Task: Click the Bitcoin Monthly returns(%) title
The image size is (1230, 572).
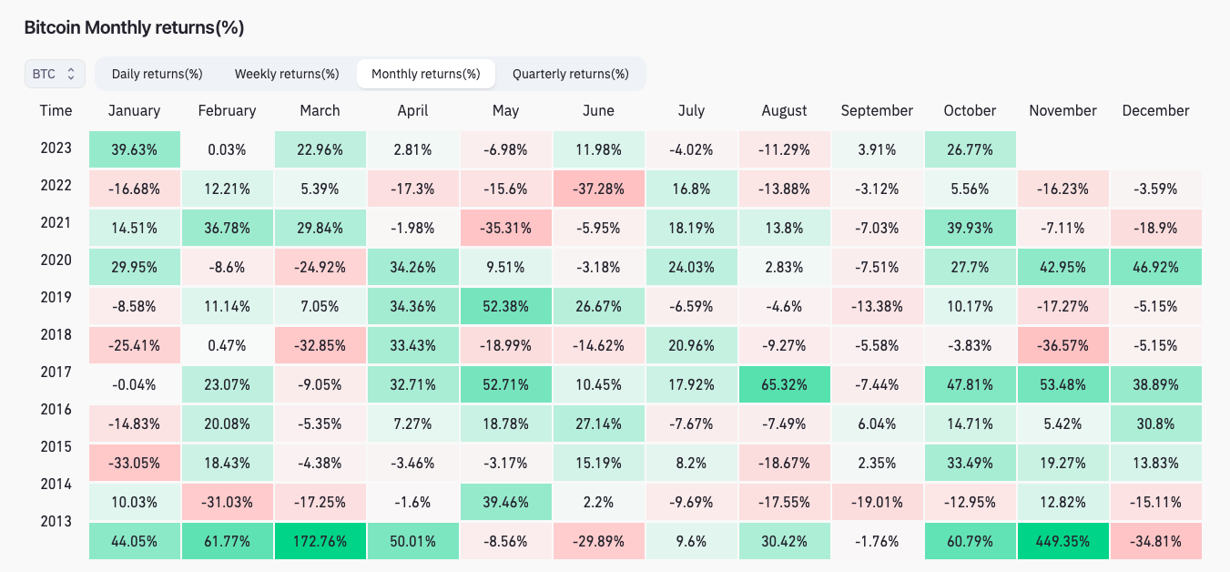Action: pyautogui.click(x=134, y=27)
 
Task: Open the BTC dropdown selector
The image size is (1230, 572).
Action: pyautogui.click(x=55, y=74)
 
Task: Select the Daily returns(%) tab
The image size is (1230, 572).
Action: pyautogui.click(x=157, y=74)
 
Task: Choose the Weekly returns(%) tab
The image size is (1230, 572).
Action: pyautogui.click(x=287, y=74)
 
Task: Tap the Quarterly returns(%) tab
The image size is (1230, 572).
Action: pyautogui.click(x=571, y=74)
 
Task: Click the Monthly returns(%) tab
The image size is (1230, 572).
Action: pyautogui.click(x=426, y=74)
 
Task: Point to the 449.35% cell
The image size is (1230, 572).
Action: pyautogui.click(x=1063, y=541)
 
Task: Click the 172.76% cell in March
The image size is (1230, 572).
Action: pyautogui.click(x=320, y=541)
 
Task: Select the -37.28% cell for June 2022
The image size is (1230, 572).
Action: pyautogui.click(x=598, y=189)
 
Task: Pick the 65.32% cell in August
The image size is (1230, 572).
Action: pyautogui.click(x=784, y=384)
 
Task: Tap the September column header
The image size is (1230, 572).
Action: pyautogui.click(x=877, y=110)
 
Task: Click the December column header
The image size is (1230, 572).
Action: pyautogui.click(x=1156, y=110)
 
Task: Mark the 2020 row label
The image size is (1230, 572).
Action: pyautogui.click(x=56, y=260)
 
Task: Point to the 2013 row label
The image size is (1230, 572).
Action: pyautogui.click(x=56, y=521)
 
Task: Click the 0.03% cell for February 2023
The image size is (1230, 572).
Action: pyautogui.click(x=227, y=149)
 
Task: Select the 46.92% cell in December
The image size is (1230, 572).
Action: pyautogui.click(x=1156, y=267)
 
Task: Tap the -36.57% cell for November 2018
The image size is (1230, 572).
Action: pyautogui.click(x=1063, y=345)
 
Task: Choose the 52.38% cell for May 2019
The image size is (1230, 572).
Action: pyautogui.click(x=505, y=306)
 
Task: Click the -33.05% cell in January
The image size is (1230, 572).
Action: pyautogui.click(x=135, y=464)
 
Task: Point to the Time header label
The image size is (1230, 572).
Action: pyautogui.click(x=56, y=110)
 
